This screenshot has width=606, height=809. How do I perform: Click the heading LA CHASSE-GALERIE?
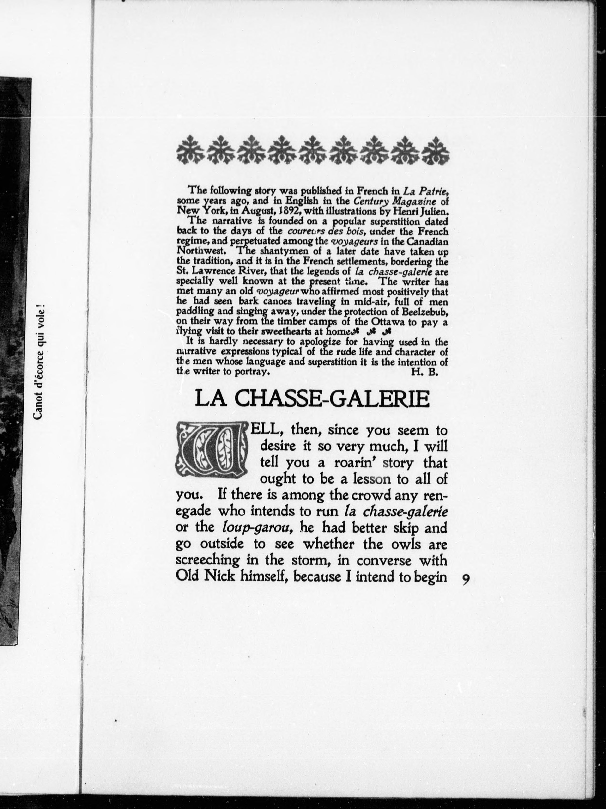312,399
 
